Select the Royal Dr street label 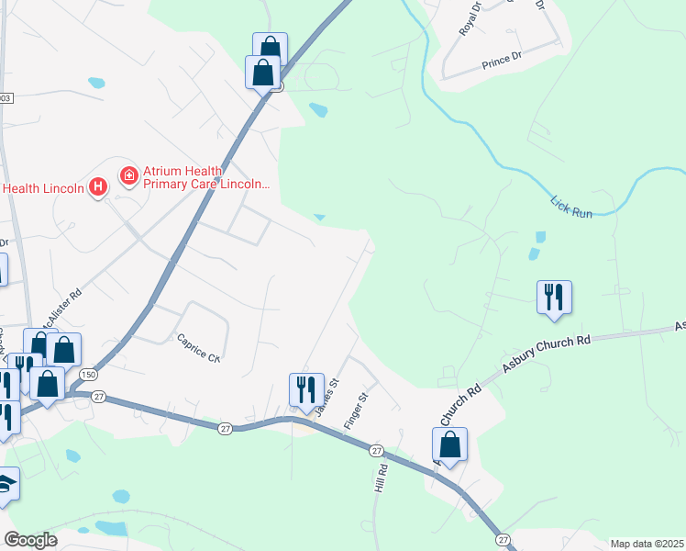pyautogui.click(x=470, y=19)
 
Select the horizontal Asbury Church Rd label pyautogui.click(x=546, y=352)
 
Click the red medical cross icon pyautogui.click(x=129, y=174)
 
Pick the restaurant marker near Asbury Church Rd pyautogui.click(x=554, y=297)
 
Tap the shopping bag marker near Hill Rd pyautogui.click(x=449, y=445)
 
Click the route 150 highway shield pyautogui.click(x=88, y=376)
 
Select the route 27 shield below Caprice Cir pyautogui.click(x=225, y=429)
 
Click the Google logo pyautogui.click(x=31, y=540)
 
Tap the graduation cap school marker pyautogui.click(x=6, y=484)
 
